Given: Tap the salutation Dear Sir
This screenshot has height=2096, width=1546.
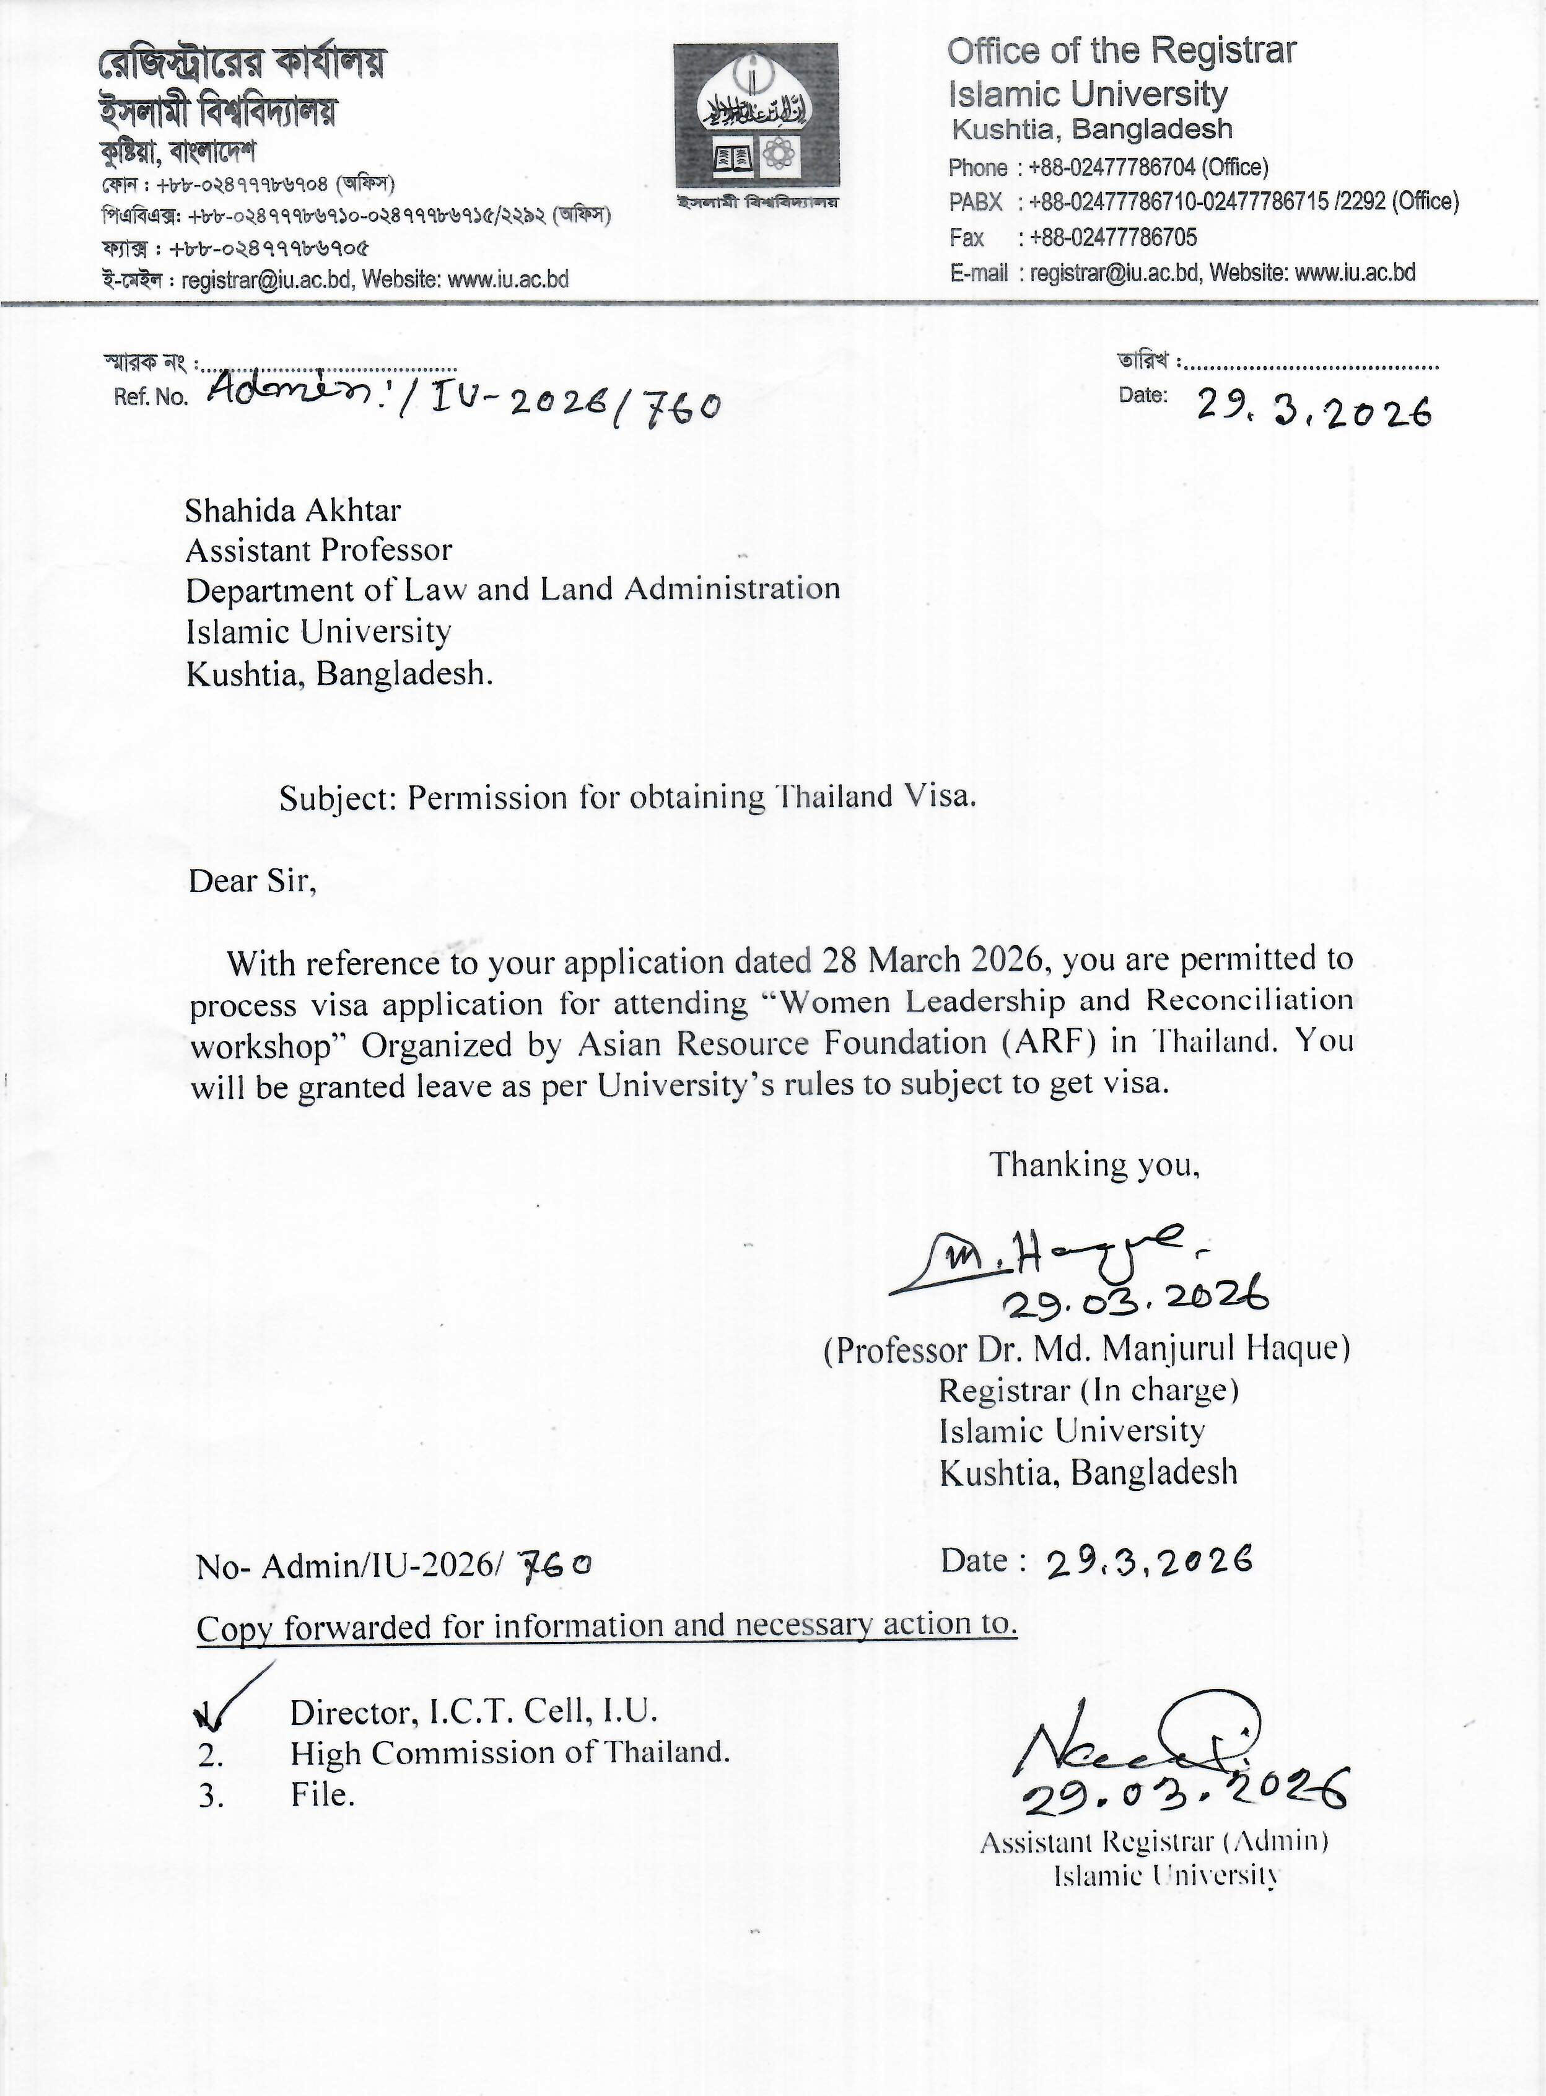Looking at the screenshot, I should [x=253, y=881].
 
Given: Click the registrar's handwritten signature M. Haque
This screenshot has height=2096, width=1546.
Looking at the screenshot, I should [x=1039, y=1259].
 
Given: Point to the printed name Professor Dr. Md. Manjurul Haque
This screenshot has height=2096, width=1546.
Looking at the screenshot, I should [x=1086, y=1349].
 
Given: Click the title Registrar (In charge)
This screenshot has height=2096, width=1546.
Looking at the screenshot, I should [x=1088, y=1391].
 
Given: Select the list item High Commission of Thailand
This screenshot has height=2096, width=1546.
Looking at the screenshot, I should [x=510, y=1753].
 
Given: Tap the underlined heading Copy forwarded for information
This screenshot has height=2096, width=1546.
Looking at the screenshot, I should [x=606, y=1627].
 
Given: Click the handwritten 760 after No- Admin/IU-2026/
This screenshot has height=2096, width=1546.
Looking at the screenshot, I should [x=556, y=1565].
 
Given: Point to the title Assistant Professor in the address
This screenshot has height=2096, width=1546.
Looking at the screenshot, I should [x=319, y=550].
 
